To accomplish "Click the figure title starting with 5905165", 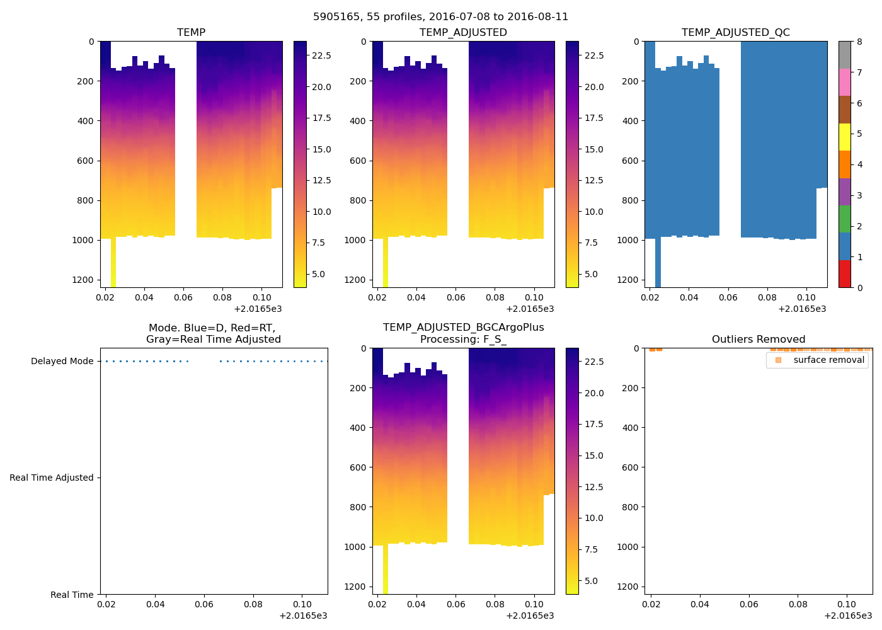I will click(x=440, y=17).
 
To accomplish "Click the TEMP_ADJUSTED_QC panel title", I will click(x=735, y=33).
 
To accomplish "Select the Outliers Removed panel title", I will click(x=758, y=340).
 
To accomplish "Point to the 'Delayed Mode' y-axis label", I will click(x=62, y=362).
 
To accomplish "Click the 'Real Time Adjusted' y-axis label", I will click(x=52, y=478).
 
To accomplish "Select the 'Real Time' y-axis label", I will click(x=72, y=595).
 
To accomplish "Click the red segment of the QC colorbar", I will click(x=844, y=274).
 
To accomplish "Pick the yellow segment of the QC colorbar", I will click(x=844, y=137).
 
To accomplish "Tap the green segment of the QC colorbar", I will click(x=844, y=219).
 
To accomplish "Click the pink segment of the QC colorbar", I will click(x=844, y=83).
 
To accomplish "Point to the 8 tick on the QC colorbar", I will click(x=859, y=42).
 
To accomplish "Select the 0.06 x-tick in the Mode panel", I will click(x=204, y=604).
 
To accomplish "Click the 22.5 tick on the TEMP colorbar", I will click(x=321, y=55).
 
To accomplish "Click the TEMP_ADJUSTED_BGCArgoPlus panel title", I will click(x=463, y=333).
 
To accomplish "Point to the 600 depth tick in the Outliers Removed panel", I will click(x=630, y=467).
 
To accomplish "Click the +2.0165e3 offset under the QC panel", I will click(x=802, y=309).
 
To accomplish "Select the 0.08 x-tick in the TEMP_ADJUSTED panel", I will click(x=495, y=297).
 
